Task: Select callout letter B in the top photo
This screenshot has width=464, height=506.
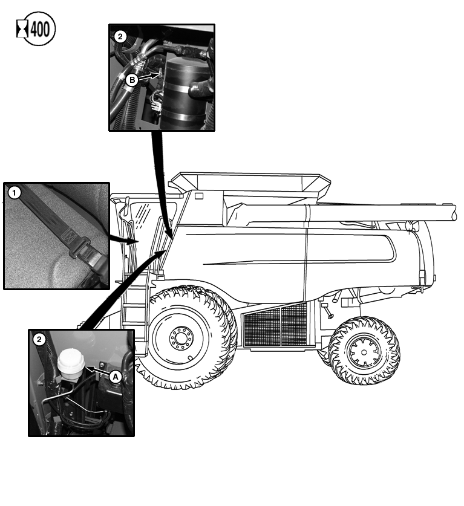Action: (132, 78)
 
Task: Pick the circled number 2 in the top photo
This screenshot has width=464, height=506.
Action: (120, 36)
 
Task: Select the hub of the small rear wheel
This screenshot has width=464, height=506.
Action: (364, 350)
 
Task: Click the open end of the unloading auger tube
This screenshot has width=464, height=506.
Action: (456, 212)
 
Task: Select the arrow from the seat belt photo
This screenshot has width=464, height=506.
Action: (124, 240)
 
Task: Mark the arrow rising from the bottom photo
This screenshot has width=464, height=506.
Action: (121, 290)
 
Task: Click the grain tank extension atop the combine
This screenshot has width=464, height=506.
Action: (254, 181)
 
